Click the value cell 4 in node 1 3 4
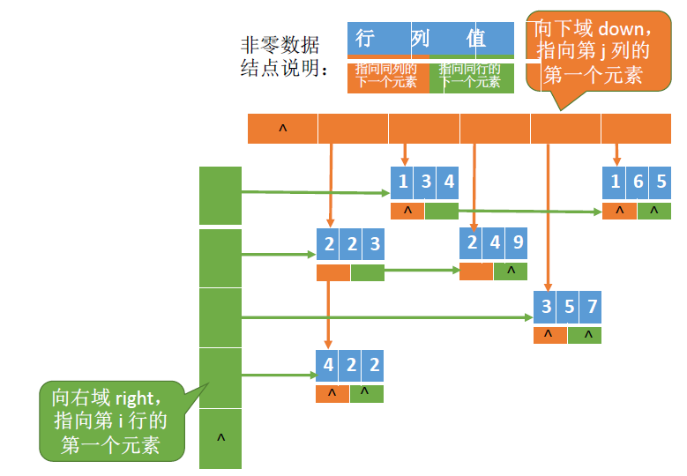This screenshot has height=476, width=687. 449,182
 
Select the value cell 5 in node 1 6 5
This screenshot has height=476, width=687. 661,182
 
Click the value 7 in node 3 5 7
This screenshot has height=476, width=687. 592,307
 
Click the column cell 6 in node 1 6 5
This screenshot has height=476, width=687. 638,182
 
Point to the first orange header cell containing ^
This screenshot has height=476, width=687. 282,129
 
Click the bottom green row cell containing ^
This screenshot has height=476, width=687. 220,438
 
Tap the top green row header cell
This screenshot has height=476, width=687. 220,195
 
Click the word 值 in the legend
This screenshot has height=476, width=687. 476,39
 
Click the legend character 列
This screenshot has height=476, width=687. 420,39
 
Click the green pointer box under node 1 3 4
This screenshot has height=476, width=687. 441,212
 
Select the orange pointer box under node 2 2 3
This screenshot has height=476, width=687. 333,273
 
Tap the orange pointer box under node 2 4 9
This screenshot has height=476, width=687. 476,271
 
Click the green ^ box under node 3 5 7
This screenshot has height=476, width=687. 586,335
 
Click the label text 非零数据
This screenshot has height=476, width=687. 280,45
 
